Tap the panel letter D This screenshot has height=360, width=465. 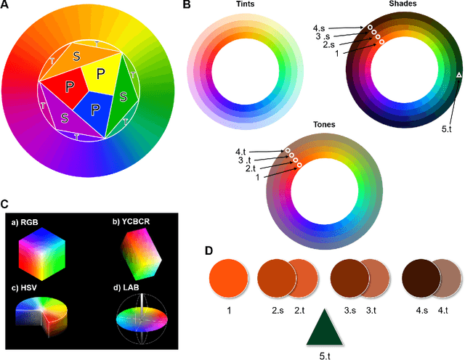click(x=209, y=251)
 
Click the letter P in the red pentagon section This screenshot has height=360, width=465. click(x=69, y=87)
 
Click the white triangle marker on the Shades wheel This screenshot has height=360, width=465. click(x=458, y=75)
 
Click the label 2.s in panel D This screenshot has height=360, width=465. click(x=278, y=309)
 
